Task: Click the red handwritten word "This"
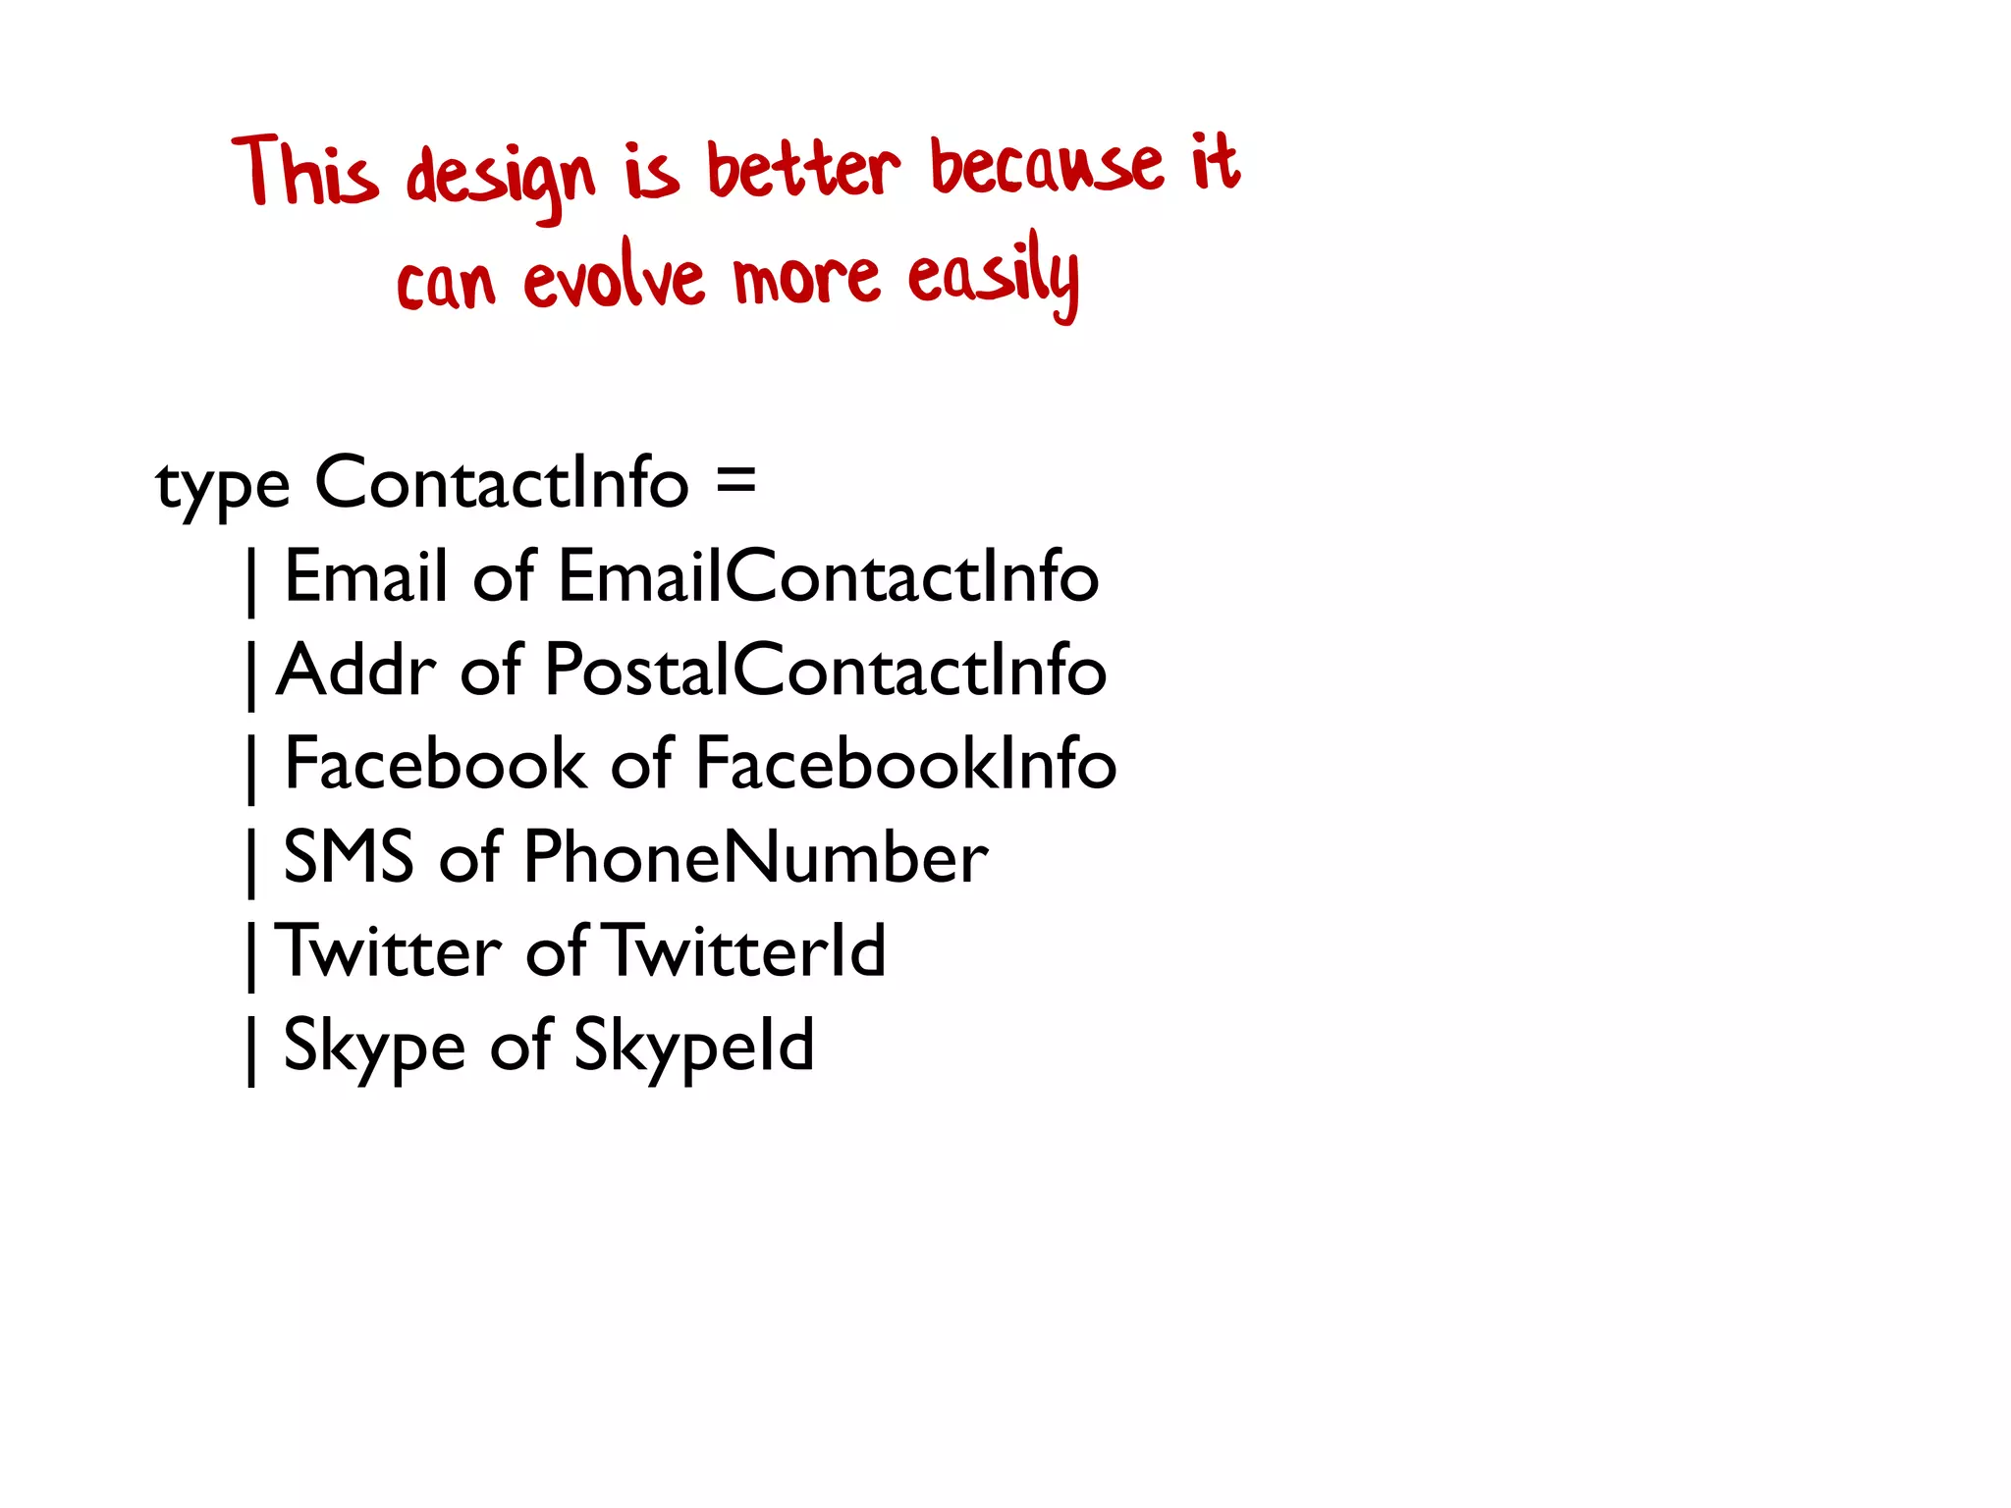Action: (305, 173)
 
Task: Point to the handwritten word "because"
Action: (1046, 165)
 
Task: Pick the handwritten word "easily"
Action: (993, 276)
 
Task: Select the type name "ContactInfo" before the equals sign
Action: (502, 482)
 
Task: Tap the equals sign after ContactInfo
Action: (736, 482)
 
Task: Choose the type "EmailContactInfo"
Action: (828, 576)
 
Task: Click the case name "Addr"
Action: (355, 671)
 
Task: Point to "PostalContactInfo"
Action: (825, 671)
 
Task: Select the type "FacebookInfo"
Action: (905, 764)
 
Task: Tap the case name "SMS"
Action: (348, 857)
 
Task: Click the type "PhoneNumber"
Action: (755, 857)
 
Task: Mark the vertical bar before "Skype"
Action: (252, 1050)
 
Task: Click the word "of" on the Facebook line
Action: (641, 764)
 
